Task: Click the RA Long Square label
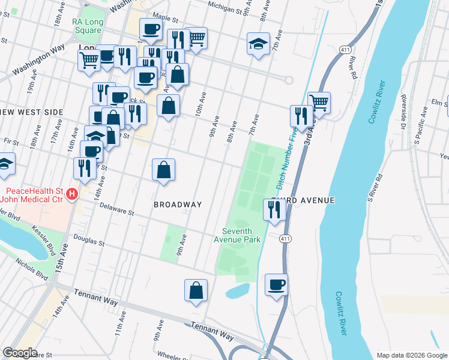(x=86, y=26)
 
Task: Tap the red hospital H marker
(x=72, y=194)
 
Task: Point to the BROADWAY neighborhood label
(x=178, y=205)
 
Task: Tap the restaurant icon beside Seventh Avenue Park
(x=273, y=210)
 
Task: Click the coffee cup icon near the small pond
(x=276, y=284)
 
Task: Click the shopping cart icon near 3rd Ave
(x=319, y=103)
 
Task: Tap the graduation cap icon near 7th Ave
(x=258, y=43)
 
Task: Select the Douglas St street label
(x=89, y=241)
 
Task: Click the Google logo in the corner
(x=20, y=353)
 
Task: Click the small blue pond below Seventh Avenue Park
(x=238, y=291)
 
